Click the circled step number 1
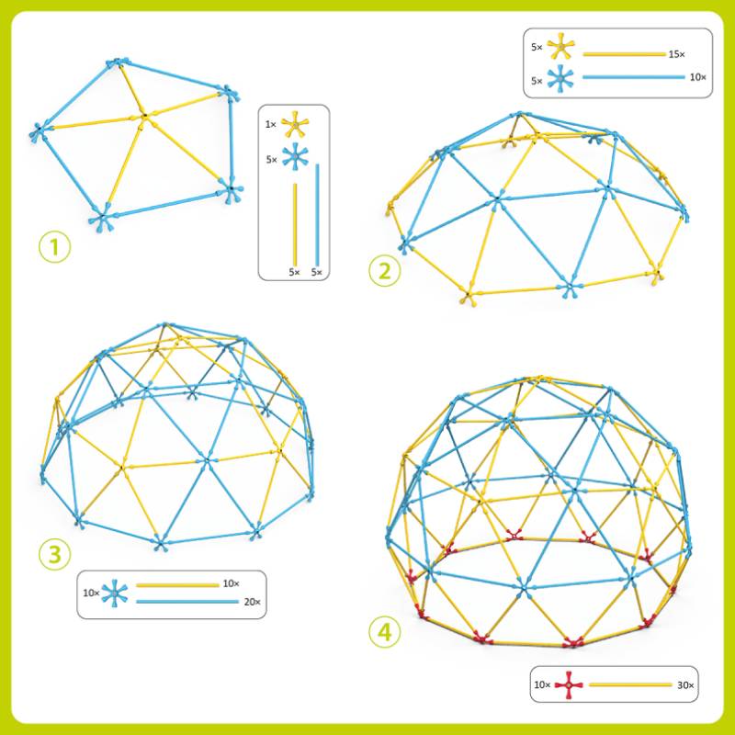[55, 247]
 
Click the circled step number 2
[385, 271]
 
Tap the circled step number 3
[55, 555]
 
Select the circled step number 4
[385, 633]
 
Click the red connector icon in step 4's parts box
[569, 684]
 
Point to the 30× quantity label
[684, 685]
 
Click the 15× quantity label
[676, 54]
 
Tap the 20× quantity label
[252, 602]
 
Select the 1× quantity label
[271, 125]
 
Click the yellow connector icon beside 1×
[293, 124]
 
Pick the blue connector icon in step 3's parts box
[115, 594]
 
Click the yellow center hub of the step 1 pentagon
[145, 116]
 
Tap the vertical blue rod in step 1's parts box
[317, 215]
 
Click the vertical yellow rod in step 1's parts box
[295, 224]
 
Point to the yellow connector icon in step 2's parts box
[560, 47]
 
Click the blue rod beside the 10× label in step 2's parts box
[634, 77]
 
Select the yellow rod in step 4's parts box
[630, 684]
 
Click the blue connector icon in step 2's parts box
[560, 80]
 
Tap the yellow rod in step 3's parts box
[177, 585]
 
